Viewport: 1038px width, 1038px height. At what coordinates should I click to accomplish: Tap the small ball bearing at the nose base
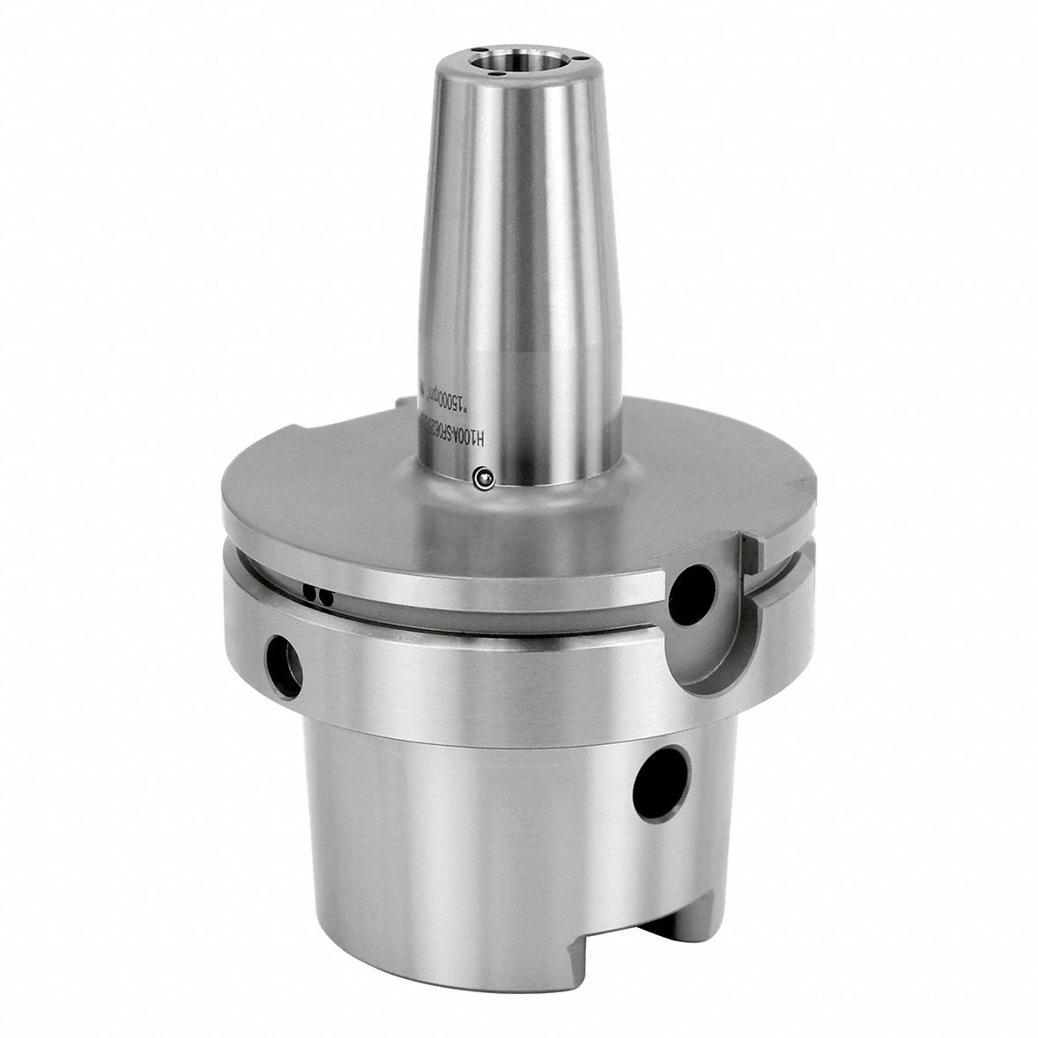tap(482, 478)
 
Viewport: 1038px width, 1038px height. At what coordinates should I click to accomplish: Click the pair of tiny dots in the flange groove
tap(319, 596)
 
